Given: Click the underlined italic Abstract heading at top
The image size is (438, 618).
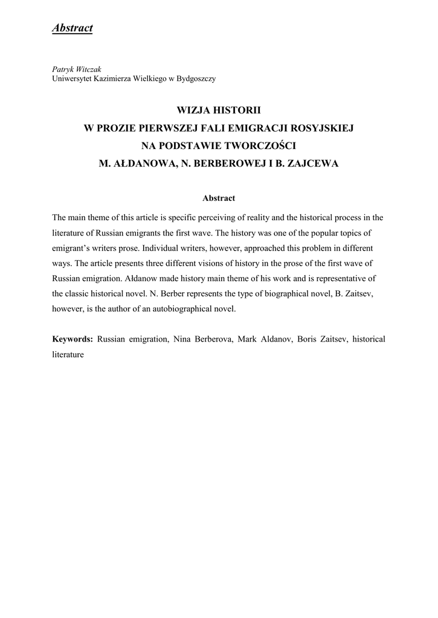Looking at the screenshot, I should [72, 28].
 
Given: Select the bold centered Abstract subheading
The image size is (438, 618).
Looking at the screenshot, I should [219, 198].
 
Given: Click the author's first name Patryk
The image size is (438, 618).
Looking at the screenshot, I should [63, 69].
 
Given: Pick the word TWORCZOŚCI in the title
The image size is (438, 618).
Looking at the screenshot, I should [262, 145].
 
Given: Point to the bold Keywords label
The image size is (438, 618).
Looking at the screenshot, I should [72, 339].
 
